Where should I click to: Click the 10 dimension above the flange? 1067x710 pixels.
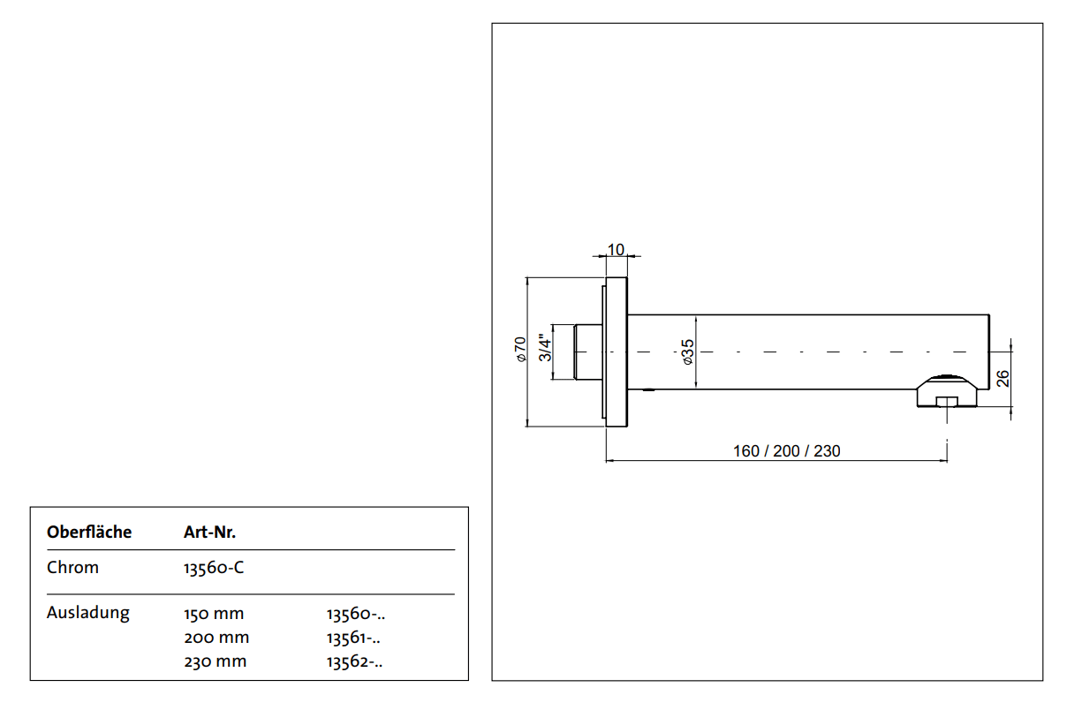point(616,249)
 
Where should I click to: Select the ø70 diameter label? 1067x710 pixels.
point(521,349)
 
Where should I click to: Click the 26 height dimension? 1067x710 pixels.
point(1003,378)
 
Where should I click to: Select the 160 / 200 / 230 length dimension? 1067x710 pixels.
point(786,451)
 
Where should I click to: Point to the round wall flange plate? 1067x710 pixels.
point(616,352)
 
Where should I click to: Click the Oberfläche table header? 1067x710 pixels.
point(89,532)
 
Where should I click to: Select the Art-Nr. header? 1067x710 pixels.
point(209,532)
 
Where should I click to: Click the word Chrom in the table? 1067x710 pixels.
point(73,568)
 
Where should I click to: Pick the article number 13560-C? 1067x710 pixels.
point(214,568)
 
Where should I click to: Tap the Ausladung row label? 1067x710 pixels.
point(88,612)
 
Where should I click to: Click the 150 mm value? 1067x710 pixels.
point(214,614)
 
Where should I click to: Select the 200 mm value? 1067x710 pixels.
point(216,638)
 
